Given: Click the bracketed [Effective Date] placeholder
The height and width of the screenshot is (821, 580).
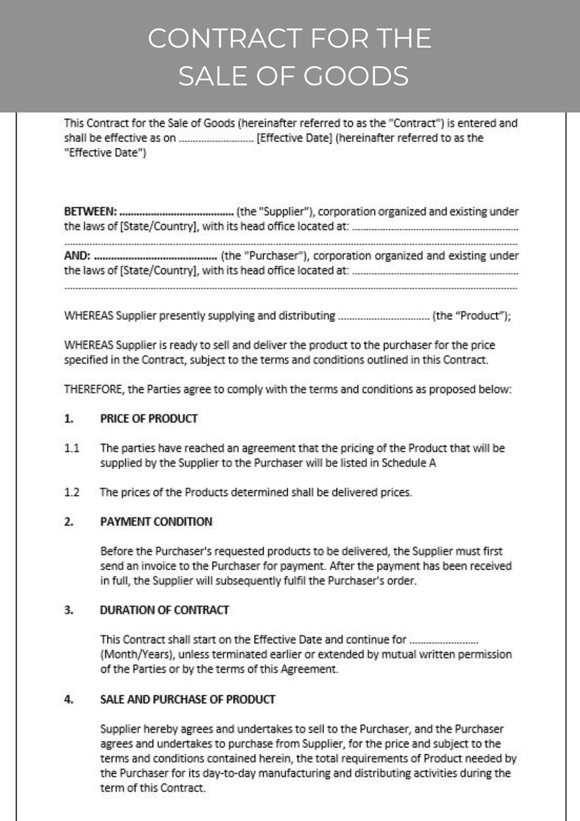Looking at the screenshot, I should (294, 138).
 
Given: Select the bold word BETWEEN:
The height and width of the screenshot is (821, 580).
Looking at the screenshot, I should (90, 212).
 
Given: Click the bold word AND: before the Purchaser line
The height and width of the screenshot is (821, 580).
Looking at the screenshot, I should (77, 256).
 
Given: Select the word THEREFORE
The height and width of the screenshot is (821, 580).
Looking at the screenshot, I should (93, 390).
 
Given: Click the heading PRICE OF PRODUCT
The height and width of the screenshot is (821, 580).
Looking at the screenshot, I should (149, 419).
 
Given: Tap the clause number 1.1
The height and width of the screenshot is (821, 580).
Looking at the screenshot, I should (71, 448).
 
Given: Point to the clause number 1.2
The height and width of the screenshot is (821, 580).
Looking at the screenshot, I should (71, 492).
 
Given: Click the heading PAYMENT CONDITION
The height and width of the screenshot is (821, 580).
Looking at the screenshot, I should (156, 522).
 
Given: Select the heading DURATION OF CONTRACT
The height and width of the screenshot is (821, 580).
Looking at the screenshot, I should (164, 610).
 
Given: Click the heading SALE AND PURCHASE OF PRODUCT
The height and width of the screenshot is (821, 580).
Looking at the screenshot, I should (187, 700).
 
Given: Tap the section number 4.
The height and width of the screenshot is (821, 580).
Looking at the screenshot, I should (68, 700).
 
